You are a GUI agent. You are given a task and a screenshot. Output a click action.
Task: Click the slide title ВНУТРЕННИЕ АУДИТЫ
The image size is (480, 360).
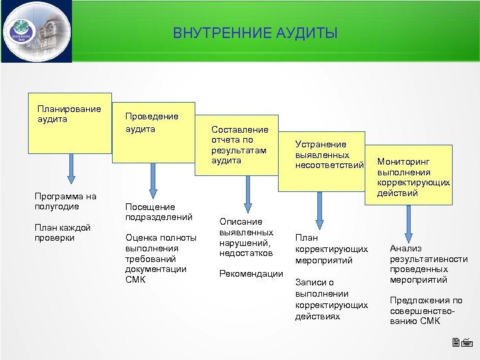pyautogui.click(x=255, y=33)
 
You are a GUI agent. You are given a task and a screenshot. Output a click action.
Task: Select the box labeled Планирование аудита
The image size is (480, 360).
pyautogui.click(x=69, y=120)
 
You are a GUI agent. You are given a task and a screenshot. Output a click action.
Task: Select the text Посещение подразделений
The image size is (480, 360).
pyautogui.click(x=159, y=212)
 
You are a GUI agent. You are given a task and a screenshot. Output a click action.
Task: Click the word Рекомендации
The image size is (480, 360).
pyautogui.click(x=251, y=273)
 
